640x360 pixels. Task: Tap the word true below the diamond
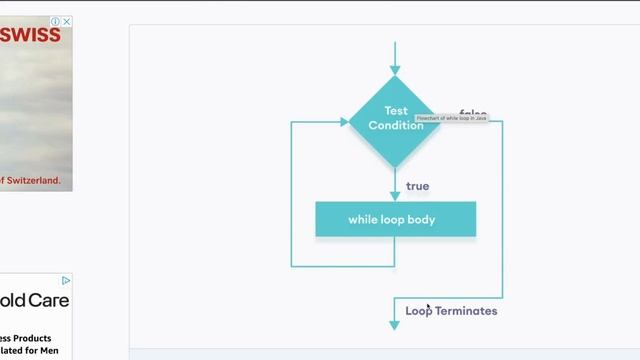pos(417,186)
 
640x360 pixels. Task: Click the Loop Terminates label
pos(451,311)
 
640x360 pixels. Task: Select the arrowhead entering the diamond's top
pos(395,70)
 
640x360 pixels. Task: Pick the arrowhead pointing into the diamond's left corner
pos(342,122)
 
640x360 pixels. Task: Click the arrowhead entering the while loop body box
pos(395,196)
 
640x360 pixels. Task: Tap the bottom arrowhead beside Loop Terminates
pos(395,324)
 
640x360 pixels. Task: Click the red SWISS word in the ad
pos(31,35)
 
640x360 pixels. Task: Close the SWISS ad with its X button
pos(67,21)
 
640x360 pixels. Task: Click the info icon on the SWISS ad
pos(56,21)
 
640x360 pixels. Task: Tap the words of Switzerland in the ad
pos(30,181)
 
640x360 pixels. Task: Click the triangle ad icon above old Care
pos(66,280)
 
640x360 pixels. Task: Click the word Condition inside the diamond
pos(396,126)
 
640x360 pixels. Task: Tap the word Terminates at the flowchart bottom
pos(466,311)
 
